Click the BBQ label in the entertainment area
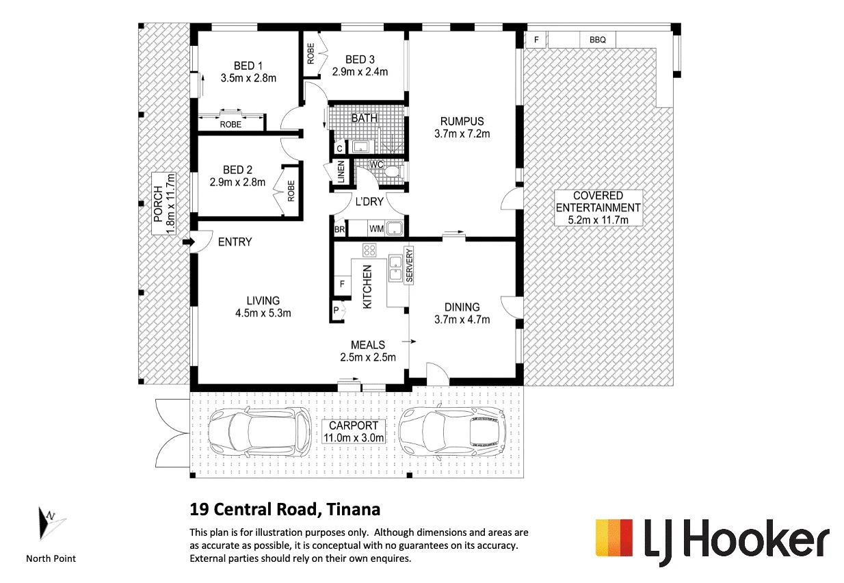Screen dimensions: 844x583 (x=597, y=40)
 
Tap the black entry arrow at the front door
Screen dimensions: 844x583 (x=188, y=242)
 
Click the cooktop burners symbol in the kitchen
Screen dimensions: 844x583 (x=369, y=250)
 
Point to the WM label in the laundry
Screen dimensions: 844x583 (x=376, y=229)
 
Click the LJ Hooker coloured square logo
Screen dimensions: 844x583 (x=614, y=538)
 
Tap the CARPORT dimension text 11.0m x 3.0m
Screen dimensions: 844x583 (x=354, y=438)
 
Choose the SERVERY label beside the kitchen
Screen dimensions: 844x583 (x=409, y=265)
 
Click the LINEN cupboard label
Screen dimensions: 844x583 (x=341, y=172)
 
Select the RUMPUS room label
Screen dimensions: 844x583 (x=462, y=121)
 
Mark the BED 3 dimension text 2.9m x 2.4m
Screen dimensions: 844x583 (x=360, y=72)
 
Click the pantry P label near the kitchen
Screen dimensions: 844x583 (x=336, y=311)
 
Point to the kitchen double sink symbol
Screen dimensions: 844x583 (x=395, y=268)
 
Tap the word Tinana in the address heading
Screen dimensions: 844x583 (x=354, y=510)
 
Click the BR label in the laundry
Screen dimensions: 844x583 (x=339, y=229)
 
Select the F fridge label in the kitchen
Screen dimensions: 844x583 (x=342, y=283)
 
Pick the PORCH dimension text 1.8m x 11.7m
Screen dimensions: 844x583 (x=170, y=203)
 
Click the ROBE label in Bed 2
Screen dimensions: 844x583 (x=291, y=191)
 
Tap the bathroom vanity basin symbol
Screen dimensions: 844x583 (x=360, y=146)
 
